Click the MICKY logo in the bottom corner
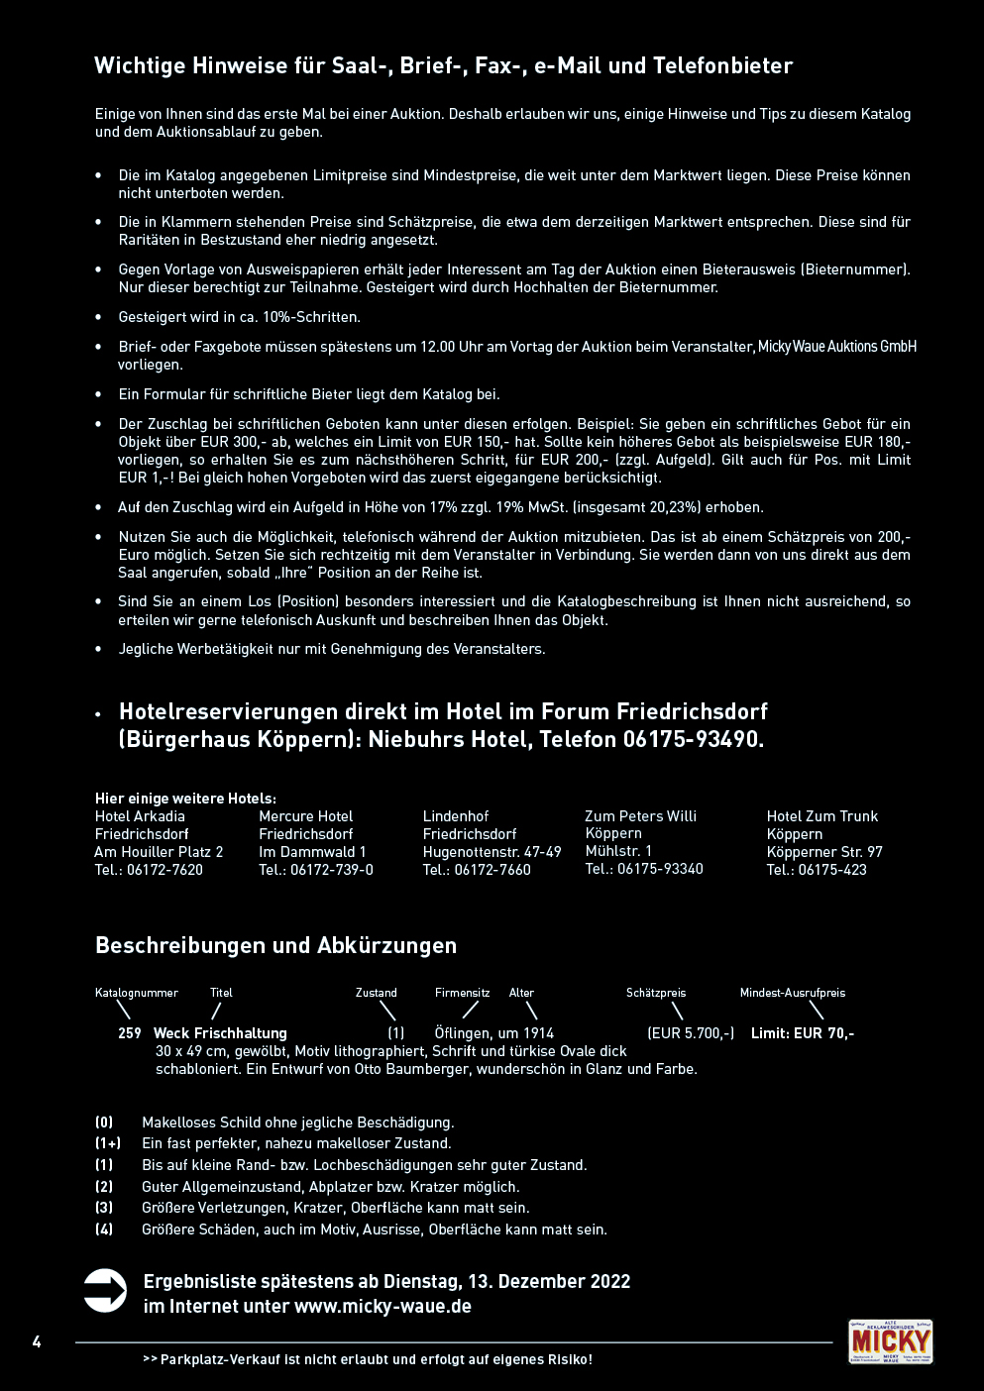click(x=890, y=1341)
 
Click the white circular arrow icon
click(x=105, y=1291)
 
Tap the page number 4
click(x=37, y=1342)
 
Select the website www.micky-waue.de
click(x=383, y=1307)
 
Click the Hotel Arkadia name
click(x=140, y=816)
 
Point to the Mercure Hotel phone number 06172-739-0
click(x=332, y=870)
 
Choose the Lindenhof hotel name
click(x=456, y=816)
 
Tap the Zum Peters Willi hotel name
click(x=640, y=816)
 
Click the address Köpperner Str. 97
click(x=824, y=852)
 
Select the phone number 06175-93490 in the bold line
click(x=693, y=740)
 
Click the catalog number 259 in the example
click(x=130, y=1033)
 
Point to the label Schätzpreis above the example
click(x=656, y=993)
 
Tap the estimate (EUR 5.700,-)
click(x=691, y=1033)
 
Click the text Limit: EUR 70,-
click(x=803, y=1033)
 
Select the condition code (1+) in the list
click(x=108, y=1143)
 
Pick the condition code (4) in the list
click(x=104, y=1230)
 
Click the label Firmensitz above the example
click(x=463, y=993)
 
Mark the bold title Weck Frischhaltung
click(x=220, y=1033)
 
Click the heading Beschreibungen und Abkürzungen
click(x=275, y=945)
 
